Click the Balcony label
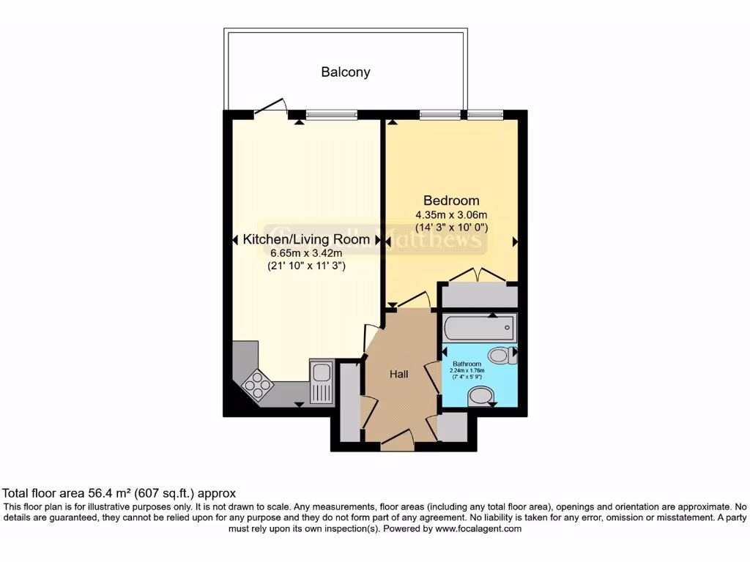pyautogui.click(x=346, y=72)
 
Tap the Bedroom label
pyautogui.click(x=452, y=201)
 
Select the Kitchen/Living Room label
pyautogui.click(x=306, y=239)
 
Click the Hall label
pyautogui.click(x=398, y=374)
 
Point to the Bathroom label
pyautogui.click(x=467, y=364)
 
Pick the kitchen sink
pyautogui.click(x=322, y=381)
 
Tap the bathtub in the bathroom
pyautogui.click(x=480, y=327)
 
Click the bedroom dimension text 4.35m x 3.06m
pyautogui.click(x=451, y=215)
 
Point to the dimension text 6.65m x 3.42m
pyautogui.click(x=306, y=253)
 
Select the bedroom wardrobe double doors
pyautogui.click(x=478, y=274)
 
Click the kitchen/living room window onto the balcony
pyautogui.click(x=332, y=114)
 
